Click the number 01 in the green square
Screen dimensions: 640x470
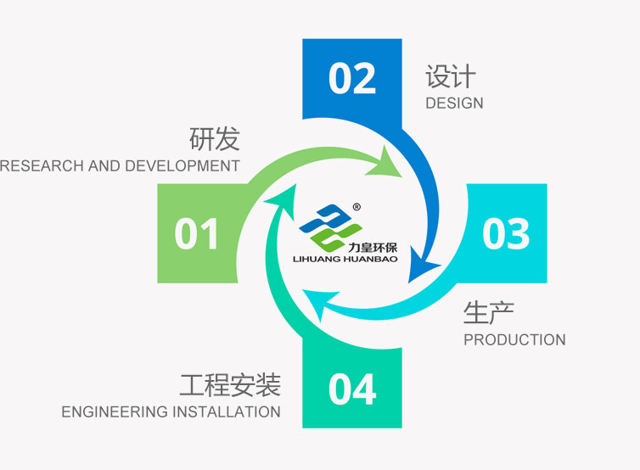[196, 233]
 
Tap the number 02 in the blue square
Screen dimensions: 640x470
[352, 78]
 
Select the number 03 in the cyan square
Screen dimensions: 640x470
[506, 233]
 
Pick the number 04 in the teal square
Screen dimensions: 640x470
[352, 389]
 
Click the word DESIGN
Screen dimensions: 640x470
[454, 104]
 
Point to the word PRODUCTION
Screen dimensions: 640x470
[514, 339]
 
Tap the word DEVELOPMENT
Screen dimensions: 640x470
[182, 166]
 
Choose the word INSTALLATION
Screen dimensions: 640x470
[226, 411]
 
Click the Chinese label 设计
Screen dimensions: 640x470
[451, 76]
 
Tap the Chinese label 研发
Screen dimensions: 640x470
[214, 139]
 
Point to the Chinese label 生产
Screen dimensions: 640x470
[489, 313]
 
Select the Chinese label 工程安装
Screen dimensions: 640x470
[230, 384]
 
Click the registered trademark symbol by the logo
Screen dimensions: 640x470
[356, 207]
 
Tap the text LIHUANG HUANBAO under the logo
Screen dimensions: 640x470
[345, 259]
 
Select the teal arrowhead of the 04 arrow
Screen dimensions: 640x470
[283, 202]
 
